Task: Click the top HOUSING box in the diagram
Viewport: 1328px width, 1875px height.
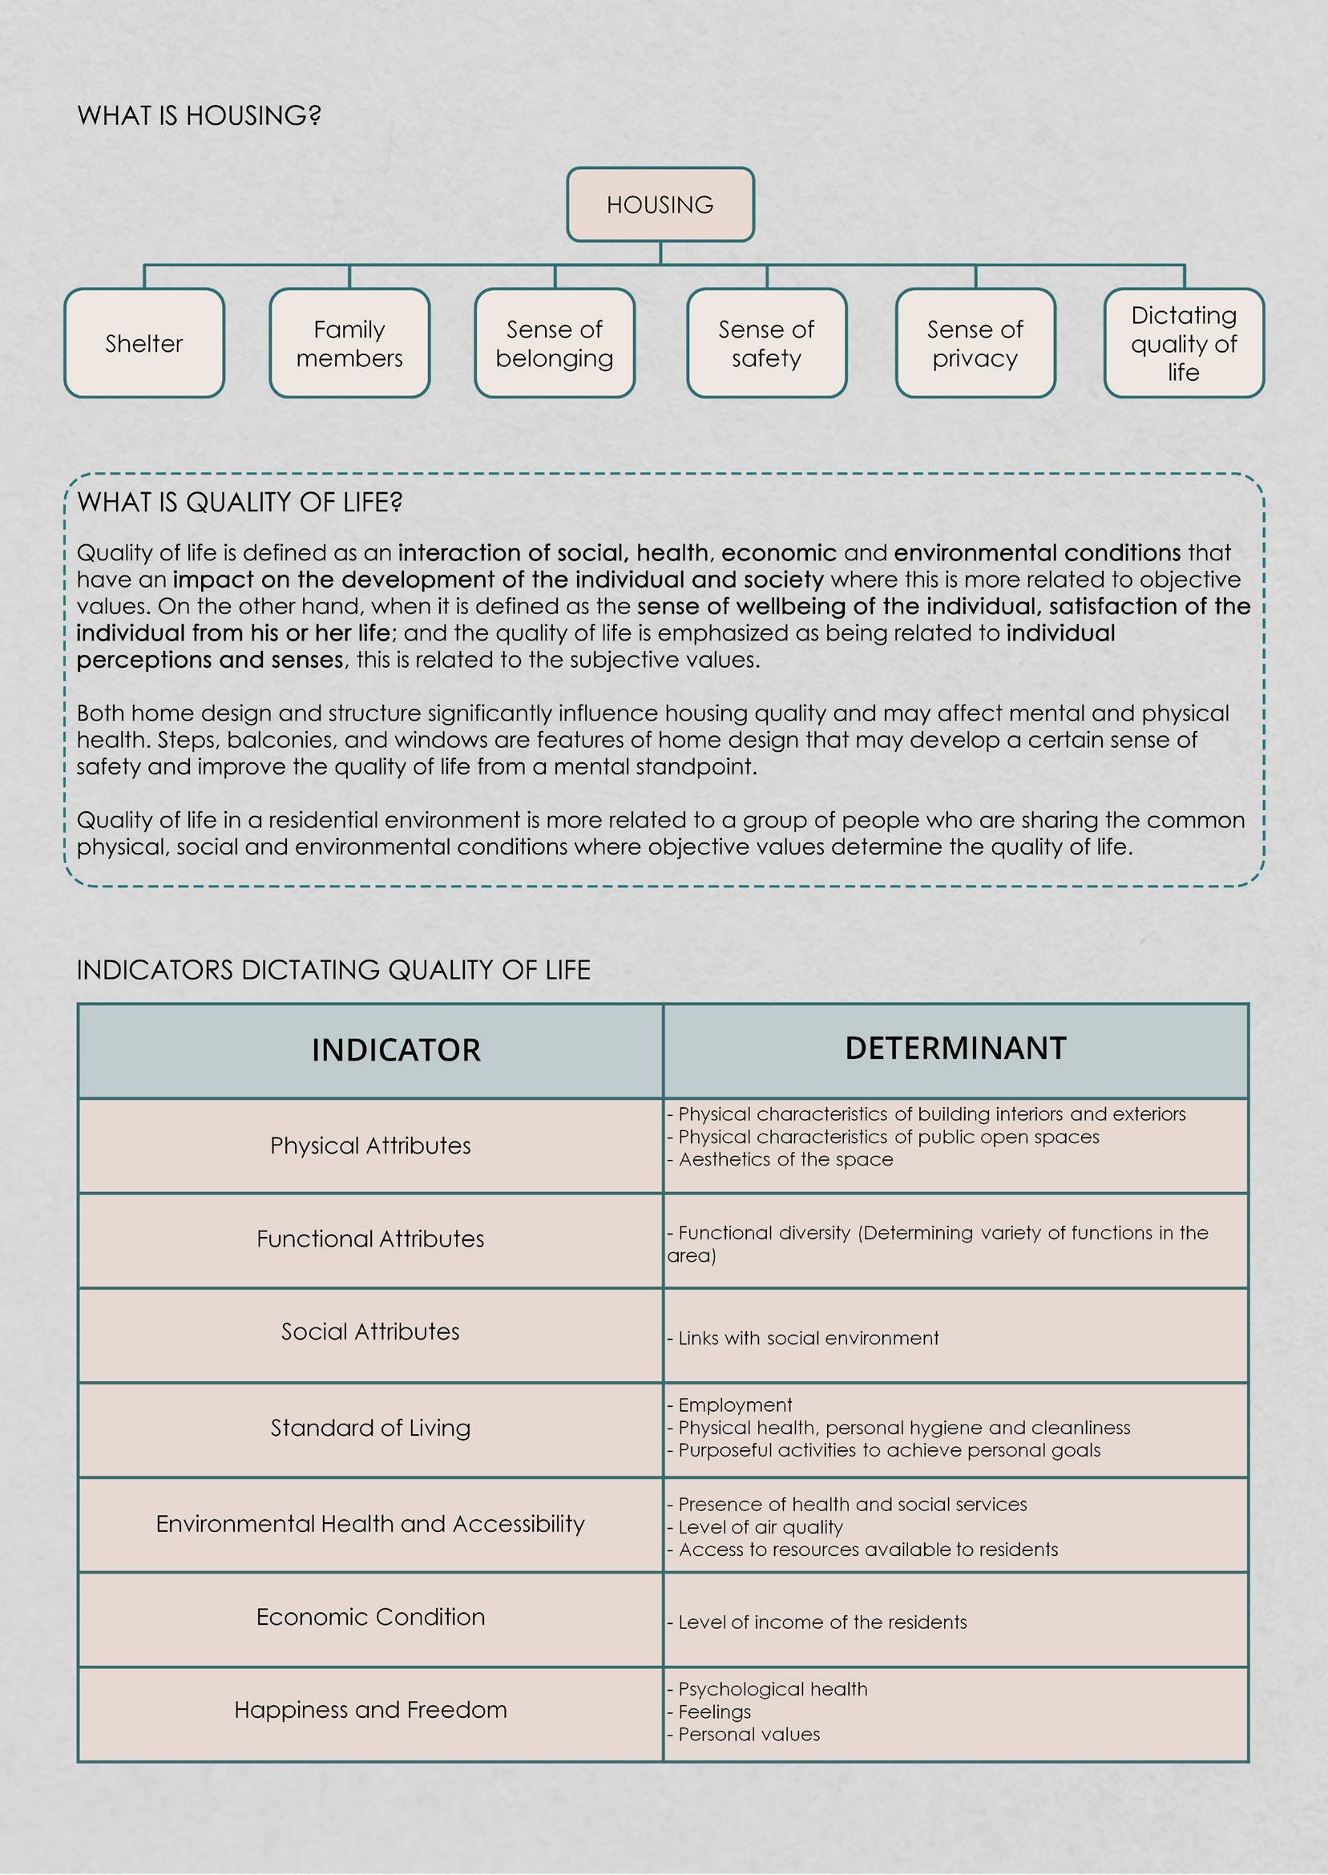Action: (660, 204)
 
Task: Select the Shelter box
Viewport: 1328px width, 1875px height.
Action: (144, 343)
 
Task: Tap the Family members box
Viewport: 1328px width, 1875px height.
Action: (349, 343)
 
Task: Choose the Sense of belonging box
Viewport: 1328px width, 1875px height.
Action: (555, 343)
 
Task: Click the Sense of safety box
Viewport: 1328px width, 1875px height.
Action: (766, 343)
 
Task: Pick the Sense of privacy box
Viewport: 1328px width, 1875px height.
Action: (975, 343)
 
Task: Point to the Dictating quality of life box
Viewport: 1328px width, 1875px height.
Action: (1183, 343)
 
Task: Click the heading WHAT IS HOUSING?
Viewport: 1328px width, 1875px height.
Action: (199, 115)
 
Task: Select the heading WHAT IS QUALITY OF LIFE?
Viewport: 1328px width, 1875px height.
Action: (240, 502)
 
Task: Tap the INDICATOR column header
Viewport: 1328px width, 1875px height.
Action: (396, 1050)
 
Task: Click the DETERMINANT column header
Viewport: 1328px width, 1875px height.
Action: (955, 1049)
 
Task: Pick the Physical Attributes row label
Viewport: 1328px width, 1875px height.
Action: (370, 1146)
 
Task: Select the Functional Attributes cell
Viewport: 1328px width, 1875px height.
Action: (370, 1239)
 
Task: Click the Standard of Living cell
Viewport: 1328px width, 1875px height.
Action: (370, 1428)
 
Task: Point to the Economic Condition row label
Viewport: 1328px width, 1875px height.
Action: (370, 1617)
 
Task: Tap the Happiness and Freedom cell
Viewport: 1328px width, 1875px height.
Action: (370, 1710)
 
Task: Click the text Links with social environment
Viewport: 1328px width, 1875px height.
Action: (808, 1339)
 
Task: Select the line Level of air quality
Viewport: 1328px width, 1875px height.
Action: (760, 1526)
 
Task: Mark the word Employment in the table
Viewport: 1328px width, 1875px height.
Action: (735, 1404)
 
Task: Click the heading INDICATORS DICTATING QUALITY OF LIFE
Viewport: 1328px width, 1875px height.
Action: (333, 970)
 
